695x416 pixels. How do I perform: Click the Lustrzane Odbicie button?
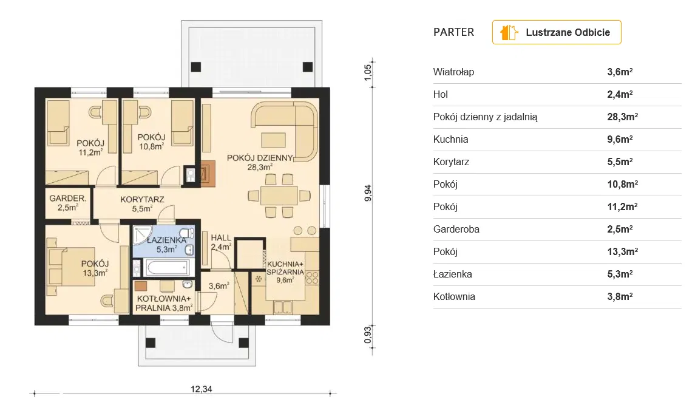[556, 32]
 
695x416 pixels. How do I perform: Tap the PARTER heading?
[453, 32]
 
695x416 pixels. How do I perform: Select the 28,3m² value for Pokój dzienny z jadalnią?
[622, 117]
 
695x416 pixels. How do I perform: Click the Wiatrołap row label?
[453, 72]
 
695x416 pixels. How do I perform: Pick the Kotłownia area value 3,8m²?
[620, 297]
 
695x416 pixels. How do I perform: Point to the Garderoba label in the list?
[456, 230]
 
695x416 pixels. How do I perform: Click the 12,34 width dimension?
[202, 389]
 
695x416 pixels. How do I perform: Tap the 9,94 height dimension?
[368, 193]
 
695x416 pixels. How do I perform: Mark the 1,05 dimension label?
[368, 72]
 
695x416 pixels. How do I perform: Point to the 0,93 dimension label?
[368, 335]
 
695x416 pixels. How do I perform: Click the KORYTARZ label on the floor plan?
[142, 200]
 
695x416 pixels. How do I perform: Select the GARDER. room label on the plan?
[68, 199]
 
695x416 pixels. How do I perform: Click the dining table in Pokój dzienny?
[279, 196]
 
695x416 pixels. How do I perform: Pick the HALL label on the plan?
[221, 237]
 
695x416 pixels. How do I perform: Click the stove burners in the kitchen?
[313, 278]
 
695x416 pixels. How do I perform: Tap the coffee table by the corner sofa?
[274, 140]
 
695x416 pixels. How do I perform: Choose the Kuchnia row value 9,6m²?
[620, 139]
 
